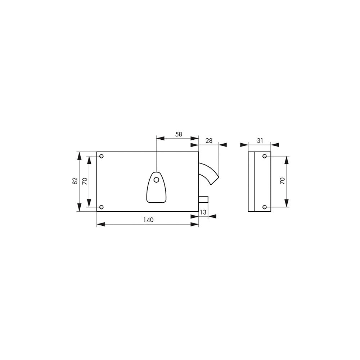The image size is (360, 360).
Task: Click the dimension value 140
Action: [x=148, y=220]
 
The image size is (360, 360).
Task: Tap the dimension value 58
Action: [x=179, y=134]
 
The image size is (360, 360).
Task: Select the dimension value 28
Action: [x=209, y=140]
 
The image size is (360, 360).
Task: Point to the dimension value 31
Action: [x=260, y=140]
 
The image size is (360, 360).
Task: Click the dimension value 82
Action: [x=75, y=181]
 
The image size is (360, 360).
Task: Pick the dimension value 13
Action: [x=203, y=212]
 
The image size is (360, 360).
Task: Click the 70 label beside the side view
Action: [x=282, y=181]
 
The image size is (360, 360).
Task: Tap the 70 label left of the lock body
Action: [x=85, y=181]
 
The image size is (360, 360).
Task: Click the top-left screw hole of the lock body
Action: [x=102, y=156]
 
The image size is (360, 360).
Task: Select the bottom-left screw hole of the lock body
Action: [x=102, y=207]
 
